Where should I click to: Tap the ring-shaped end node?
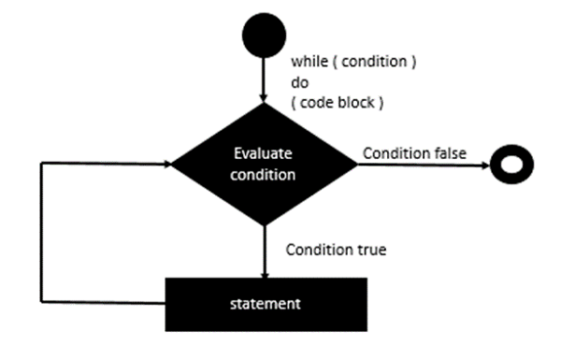tap(513, 165)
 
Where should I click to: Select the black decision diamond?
tap(265, 165)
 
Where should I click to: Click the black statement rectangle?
tap(265, 303)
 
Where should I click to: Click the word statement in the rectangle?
tap(265, 304)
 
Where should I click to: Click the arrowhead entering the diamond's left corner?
tap(169, 165)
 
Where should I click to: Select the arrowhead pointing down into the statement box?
tap(265, 272)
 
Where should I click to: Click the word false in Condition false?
tap(447, 153)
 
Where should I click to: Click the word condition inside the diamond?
tap(266, 174)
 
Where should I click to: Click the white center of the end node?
tap(513, 165)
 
